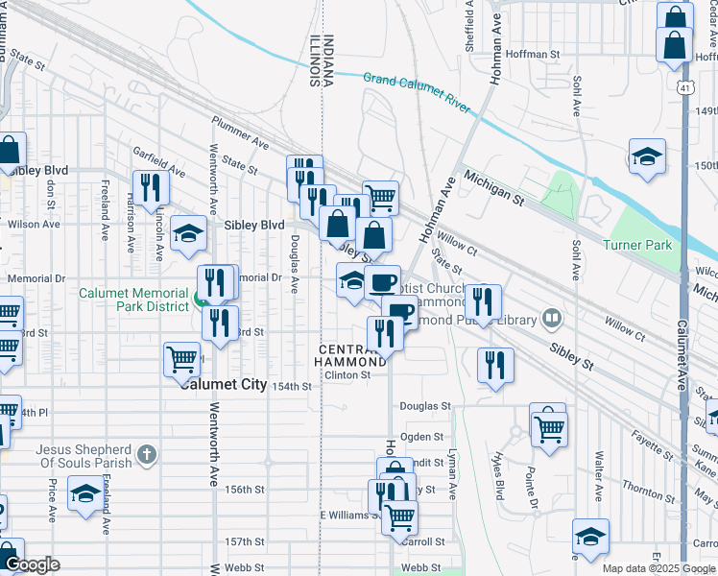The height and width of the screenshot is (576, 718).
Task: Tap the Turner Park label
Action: [637, 245]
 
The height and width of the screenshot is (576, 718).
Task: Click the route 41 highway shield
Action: [682, 87]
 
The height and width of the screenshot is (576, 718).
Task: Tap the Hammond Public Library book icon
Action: [551, 317]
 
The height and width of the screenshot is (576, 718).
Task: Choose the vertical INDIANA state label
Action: [328, 60]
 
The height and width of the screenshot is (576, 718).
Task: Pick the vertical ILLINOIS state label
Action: [314, 60]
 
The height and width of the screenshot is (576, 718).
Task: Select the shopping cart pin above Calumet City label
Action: [181, 359]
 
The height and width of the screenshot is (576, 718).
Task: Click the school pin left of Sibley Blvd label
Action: [188, 232]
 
